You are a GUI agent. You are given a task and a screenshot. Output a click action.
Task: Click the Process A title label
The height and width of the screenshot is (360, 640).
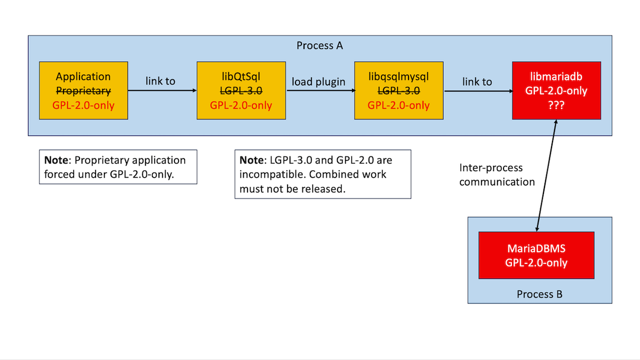tap(319, 45)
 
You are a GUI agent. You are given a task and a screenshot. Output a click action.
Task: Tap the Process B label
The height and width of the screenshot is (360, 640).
tap(539, 294)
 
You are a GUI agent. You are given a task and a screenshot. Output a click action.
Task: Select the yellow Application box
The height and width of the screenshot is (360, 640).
tap(83, 90)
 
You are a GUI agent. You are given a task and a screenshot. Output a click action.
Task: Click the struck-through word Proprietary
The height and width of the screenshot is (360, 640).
tap(83, 91)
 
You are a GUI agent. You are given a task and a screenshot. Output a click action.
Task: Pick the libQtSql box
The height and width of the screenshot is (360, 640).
tap(241, 90)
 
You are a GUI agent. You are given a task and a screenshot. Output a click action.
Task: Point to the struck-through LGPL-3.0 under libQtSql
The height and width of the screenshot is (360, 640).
tap(241, 91)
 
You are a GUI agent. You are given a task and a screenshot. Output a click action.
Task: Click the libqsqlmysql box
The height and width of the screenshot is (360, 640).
tap(399, 90)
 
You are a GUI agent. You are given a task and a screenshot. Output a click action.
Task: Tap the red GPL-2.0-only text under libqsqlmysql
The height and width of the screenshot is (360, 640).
tap(398, 105)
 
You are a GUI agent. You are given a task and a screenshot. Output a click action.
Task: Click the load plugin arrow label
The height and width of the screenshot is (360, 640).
tap(318, 82)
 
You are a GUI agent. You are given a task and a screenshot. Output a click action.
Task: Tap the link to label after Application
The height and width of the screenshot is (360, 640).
tap(161, 81)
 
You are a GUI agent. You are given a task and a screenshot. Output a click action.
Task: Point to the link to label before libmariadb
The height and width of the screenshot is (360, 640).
tap(477, 82)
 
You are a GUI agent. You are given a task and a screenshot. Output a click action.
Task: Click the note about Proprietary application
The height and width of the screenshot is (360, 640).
tap(118, 167)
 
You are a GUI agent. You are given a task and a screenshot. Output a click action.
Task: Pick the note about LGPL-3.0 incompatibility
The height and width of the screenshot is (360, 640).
tap(323, 174)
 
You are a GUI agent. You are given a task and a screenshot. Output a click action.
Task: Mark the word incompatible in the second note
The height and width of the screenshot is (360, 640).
tap(272, 174)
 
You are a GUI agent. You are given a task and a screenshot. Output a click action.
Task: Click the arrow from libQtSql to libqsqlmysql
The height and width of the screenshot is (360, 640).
tap(320, 91)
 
